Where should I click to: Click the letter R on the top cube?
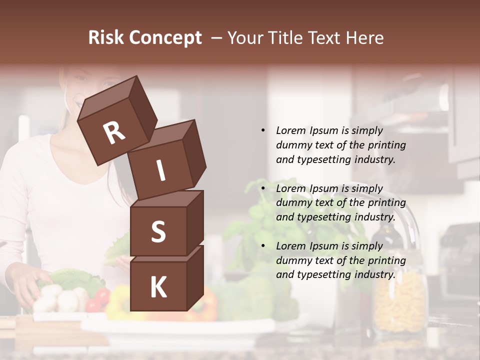[114, 133]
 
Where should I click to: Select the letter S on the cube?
[158, 231]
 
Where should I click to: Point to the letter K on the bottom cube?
[158, 287]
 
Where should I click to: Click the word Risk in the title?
[106, 38]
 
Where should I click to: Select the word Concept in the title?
[164, 38]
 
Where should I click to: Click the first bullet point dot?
[263, 130]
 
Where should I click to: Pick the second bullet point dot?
[263, 188]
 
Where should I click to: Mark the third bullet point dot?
[263, 246]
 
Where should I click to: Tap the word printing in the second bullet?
[387, 203]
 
